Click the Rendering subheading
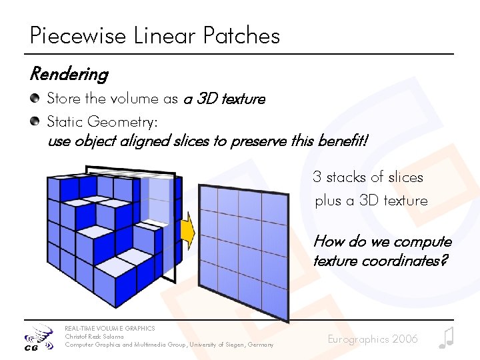[69, 74]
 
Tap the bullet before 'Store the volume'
[34, 99]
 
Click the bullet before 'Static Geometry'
[34, 121]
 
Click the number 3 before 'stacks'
[317, 177]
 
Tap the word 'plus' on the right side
[327, 201]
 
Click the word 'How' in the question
[327, 241]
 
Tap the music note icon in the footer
[446, 338]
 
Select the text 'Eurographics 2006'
[373, 339]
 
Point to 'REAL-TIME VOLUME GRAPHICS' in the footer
[109, 328]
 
